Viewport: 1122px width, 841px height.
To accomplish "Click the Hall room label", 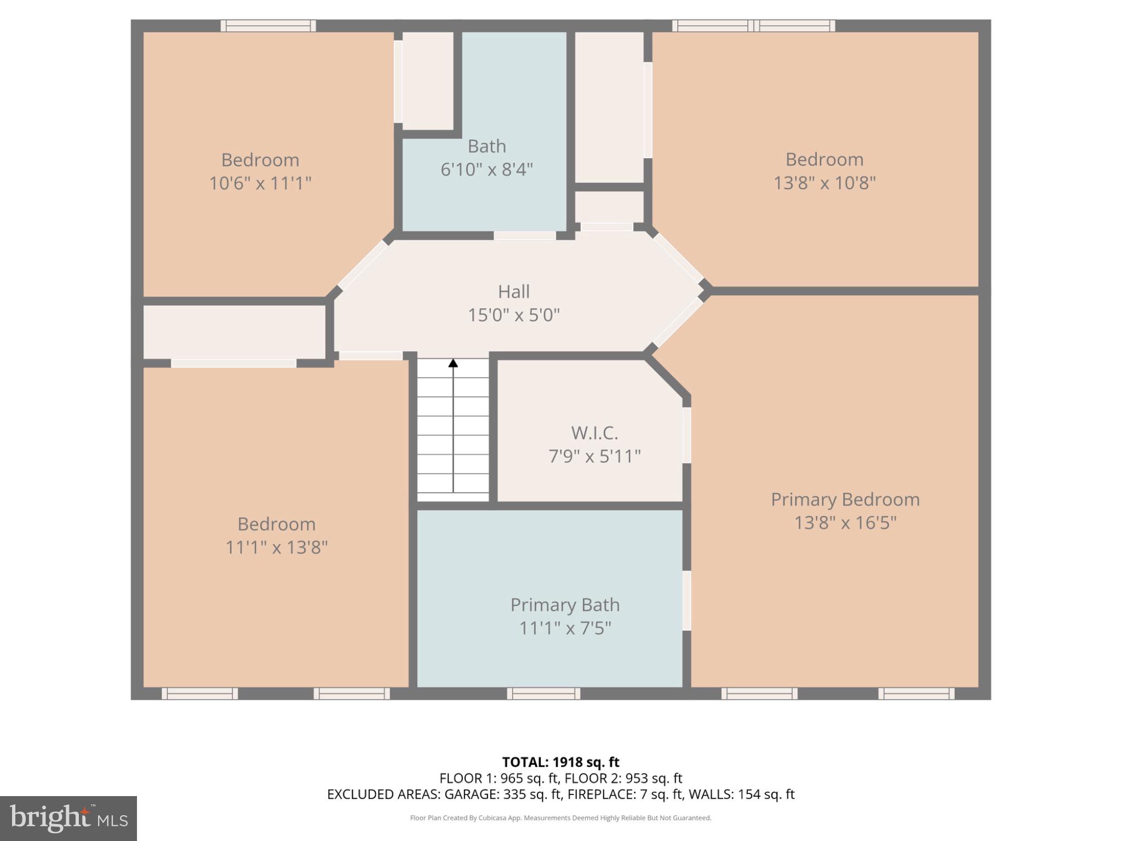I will tap(513, 292).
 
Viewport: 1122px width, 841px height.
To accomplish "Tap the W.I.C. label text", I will tap(594, 433).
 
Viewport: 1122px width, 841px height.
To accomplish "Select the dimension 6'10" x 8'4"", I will tap(486, 170).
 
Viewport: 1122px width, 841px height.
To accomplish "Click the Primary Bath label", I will tap(565, 605).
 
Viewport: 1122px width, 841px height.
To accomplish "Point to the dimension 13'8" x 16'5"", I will tap(845, 523).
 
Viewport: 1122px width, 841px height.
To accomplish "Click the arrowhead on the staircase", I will tap(453, 363).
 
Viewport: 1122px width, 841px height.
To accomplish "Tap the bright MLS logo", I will tap(68, 818).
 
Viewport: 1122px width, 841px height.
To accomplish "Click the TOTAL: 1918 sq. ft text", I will tap(560, 762).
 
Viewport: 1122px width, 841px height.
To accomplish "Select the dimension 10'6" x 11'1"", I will tap(260, 183).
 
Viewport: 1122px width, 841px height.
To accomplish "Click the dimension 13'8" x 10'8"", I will tap(825, 183).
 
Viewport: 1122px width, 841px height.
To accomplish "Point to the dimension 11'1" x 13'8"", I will tap(277, 547).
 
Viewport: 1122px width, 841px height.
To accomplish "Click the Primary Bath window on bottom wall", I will tap(543, 694).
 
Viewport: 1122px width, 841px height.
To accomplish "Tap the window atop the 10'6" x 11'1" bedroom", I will tap(268, 26).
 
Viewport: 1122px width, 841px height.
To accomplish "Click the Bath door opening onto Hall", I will tap(524, 236).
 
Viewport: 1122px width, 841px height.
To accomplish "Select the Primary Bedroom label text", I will tap(845, 499).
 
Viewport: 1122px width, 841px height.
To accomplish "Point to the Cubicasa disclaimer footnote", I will tap(560, 818).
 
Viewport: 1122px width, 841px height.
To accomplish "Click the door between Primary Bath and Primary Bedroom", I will tap(686, 601).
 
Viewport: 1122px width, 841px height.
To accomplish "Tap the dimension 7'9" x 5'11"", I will tap(594, 456).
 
